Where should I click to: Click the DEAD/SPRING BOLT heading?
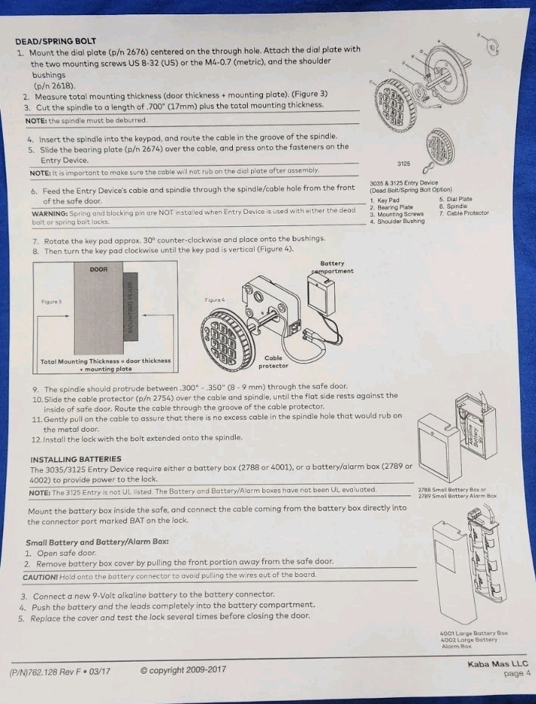coord(55,41)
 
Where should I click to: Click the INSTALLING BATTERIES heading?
coord(76,459)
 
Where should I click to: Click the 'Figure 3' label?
coord(52,301)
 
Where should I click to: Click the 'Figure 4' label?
coord(216,300)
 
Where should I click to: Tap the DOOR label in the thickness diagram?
coord(99,269)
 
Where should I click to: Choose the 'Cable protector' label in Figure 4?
coord(274,361)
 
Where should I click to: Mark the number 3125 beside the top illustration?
coord(403,163)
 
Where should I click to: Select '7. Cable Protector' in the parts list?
coord(463,213)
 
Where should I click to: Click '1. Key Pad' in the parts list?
coord(385,200)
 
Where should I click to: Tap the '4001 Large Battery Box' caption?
coord(474,633)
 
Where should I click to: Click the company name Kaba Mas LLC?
coord(499,663)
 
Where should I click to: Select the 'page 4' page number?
coord(517,673)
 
